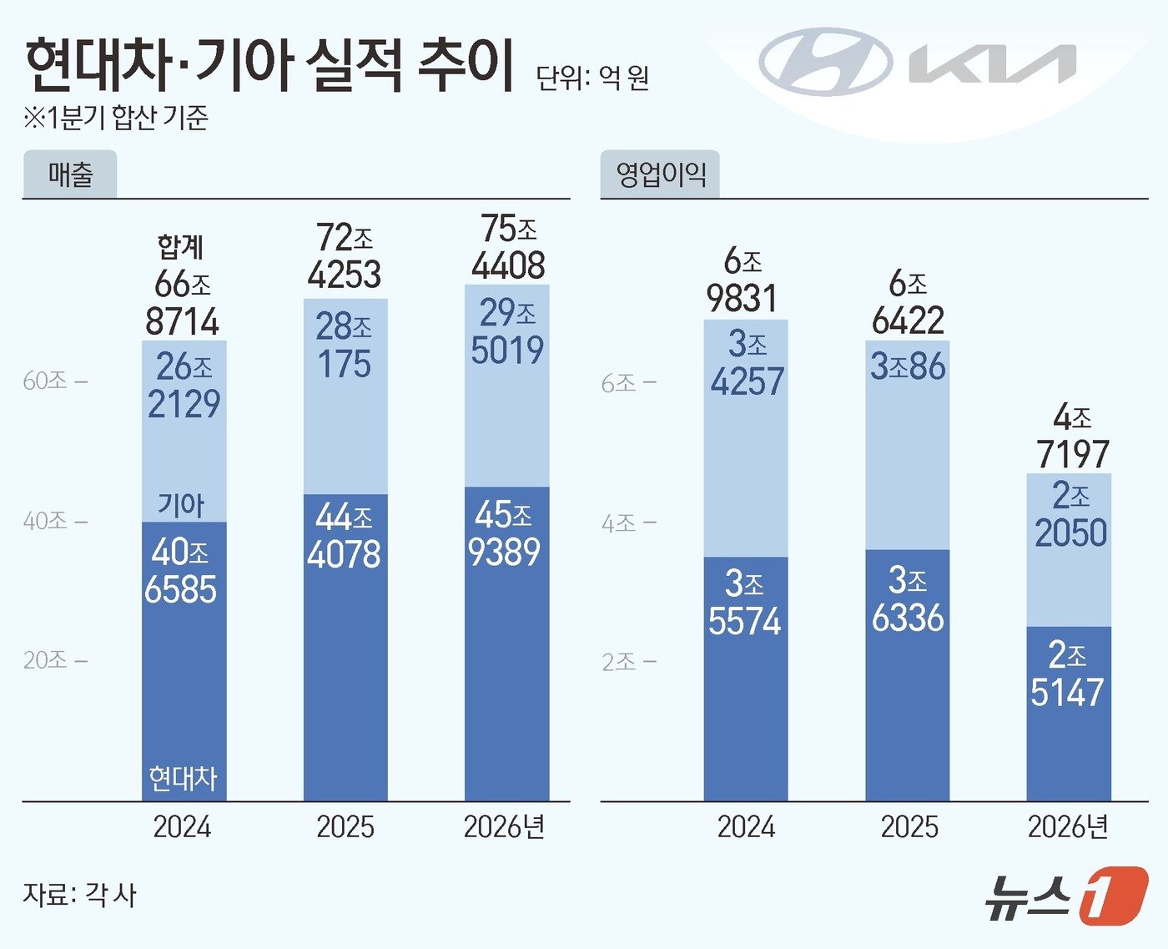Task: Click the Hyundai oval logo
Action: point(824,62)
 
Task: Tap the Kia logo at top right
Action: point(992,64)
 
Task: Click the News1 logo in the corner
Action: point(1065,896)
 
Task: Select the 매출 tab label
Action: point(70,174)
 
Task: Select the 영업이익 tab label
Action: point(660,174)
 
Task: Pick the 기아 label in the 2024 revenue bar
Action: point(181,504)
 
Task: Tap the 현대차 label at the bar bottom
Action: point(183,778)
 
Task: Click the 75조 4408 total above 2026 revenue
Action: point(508,247)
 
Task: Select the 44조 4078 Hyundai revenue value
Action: point(344,536)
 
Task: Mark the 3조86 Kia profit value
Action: point(908,366)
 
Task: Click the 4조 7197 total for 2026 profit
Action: point(1072,436)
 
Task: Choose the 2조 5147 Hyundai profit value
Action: point(1067,674)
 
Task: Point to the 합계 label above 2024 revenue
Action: point(180,246)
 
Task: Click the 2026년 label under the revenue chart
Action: point(504,827)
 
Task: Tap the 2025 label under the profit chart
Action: point(909,827)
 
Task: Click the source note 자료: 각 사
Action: point(79,895)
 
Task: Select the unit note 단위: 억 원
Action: point(592,78)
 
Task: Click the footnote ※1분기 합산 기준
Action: point(116,118)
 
